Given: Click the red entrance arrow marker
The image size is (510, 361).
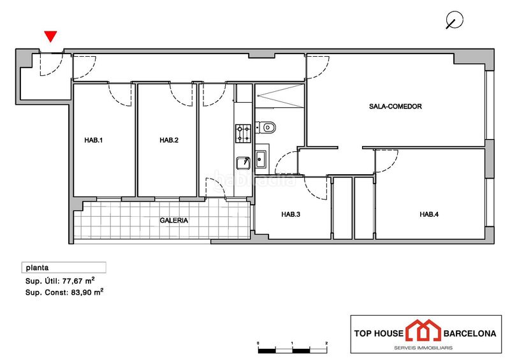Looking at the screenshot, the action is coord(50,36).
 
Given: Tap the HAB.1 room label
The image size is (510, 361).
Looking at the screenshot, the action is coord(93,140).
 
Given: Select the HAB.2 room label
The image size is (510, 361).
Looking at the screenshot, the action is coord(169,140).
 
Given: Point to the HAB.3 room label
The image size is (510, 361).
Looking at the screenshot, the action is coord(291,214).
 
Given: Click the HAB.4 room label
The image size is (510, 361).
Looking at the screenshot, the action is coord(429,214).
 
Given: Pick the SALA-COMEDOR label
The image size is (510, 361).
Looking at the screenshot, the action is coord(395,107).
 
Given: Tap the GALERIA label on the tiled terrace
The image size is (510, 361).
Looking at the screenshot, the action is coord(173,221).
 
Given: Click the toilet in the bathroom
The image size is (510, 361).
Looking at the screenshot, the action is coord(266,128).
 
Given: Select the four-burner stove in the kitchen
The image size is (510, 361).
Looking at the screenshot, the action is coord(244,133).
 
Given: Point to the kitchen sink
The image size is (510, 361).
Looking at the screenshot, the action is coord(243,163).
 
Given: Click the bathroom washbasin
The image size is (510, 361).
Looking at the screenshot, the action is coord(261,159).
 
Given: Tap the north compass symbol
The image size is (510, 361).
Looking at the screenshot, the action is coord(454,20).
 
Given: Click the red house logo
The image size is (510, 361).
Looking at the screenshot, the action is coord(423,330).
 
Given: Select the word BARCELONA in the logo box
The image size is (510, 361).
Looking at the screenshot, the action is coord(470,334).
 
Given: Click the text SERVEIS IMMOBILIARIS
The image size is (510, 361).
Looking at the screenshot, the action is coord(423,348).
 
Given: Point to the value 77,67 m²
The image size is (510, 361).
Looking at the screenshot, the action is coord(78,281).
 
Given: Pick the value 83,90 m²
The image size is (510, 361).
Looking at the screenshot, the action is coord(87,292).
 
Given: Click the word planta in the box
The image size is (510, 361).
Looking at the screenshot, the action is coord(37,268).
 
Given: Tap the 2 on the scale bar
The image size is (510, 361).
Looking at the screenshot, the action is coord(326,343).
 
